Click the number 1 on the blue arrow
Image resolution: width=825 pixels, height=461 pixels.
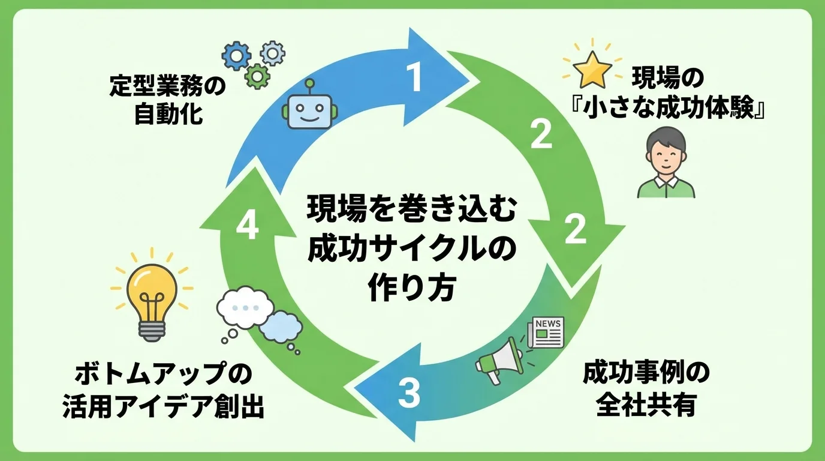pos(415,77)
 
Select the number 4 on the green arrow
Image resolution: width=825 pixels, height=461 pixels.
pos(247,226)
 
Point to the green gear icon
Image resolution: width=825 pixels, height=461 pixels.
pos(258,76)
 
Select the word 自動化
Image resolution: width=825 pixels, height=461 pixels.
pos(168,115)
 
